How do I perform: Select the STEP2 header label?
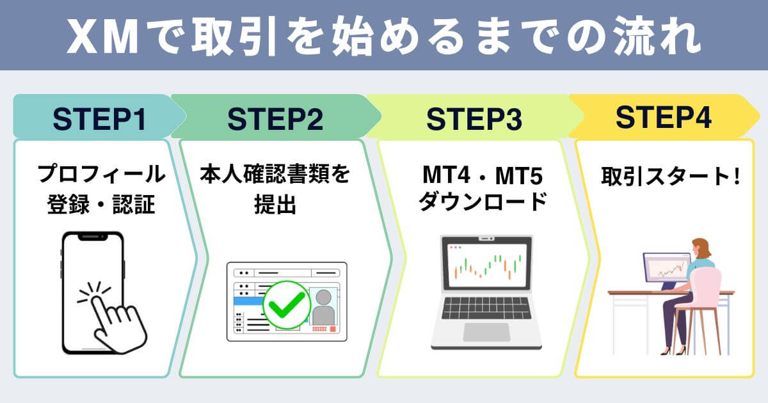(275, 118)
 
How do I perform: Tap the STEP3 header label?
(474, 118)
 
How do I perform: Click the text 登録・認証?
(101, 205)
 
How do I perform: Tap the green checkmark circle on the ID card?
(282, 305)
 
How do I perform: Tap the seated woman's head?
(701, 246)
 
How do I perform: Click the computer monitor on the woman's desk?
(666, 267)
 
